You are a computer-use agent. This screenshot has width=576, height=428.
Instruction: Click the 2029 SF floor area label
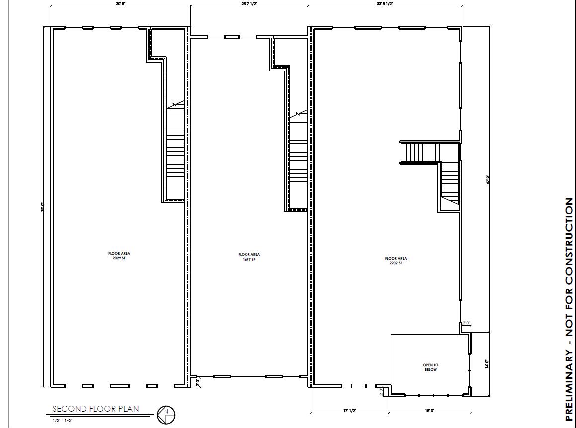(x=119, y=256)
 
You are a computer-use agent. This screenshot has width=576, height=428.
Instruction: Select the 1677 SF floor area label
(x=248, y=257)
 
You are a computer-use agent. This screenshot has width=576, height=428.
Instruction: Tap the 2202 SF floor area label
(x=396, y=260)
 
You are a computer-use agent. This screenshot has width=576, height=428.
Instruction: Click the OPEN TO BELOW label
(x=431, y=367)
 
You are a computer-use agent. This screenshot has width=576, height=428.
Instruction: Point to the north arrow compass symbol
(x=166, y=414)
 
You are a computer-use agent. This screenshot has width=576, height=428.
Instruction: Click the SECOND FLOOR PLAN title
(x=96, y=409)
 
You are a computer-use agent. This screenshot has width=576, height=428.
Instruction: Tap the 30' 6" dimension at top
(x=121, y=4)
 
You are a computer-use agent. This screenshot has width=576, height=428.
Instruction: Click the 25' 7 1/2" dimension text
(x=249, y=4)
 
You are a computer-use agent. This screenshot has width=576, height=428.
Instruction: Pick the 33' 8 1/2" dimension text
(x=385, y=4)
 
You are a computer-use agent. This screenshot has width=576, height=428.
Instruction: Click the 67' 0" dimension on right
(x=488, y=179)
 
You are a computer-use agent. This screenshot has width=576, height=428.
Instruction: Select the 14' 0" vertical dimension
(x=487, y=364)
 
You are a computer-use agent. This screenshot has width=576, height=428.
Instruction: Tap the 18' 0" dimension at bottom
(x=429, y=411)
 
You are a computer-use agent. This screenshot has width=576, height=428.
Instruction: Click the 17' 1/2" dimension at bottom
(x=349, y=411)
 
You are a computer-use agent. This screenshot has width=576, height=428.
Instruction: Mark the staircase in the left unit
(x=175, y=154)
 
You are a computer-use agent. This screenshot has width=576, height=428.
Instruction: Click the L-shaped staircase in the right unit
(x=437, y=164)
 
